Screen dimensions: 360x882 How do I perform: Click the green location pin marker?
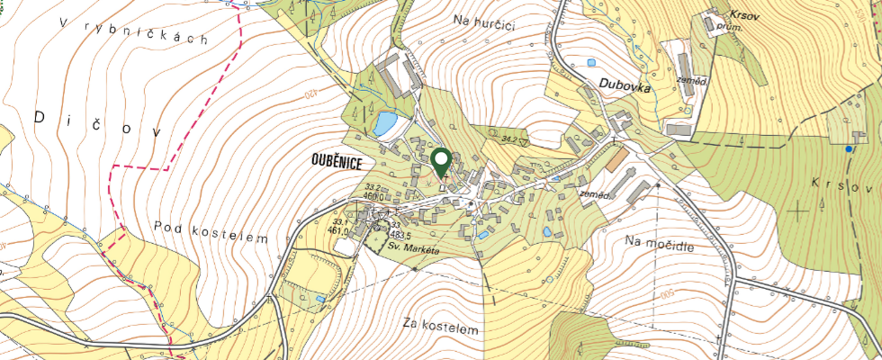(x=441, y=162)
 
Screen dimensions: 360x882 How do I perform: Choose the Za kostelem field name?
(x=441, y=330)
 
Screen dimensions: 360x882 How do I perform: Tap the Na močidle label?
(x=661, y=242)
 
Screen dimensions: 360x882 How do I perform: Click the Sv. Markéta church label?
(x=413, y=247)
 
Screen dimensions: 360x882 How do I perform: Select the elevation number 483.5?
(x=400, y=234)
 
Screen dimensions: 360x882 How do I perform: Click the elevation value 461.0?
(x=338, y=230)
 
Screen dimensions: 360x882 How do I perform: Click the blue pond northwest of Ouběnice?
(x=384, y=122)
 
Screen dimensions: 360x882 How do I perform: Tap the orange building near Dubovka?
(x=617, y=159)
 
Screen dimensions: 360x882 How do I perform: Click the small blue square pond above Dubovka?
(x=591, y=63)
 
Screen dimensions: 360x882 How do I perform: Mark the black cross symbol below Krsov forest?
(x=797, y=211)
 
